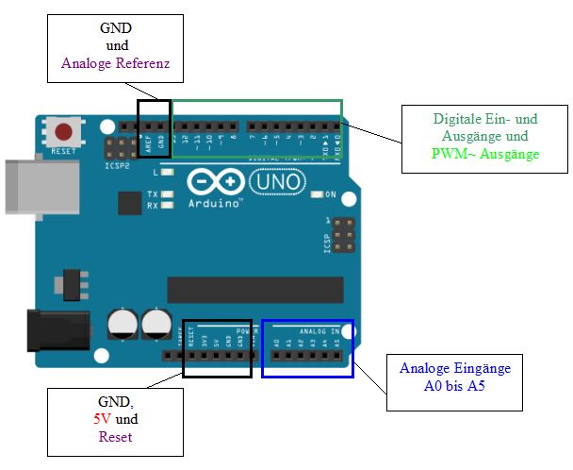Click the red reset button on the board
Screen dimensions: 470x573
click(x=64, y=132)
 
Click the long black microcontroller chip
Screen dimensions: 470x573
click(x=254, y=290)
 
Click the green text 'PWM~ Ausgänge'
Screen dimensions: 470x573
click(x=485, y=154)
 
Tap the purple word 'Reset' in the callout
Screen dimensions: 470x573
click(x=116, y=437)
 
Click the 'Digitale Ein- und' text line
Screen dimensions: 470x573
click(x=485, y=120)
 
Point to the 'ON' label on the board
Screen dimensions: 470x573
click(x=331, y=194)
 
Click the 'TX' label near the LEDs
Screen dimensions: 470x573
click(x=152, y=194)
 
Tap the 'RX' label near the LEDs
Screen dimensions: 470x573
click(x=152, y=205)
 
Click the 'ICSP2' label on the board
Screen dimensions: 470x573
click(x=118, y=165)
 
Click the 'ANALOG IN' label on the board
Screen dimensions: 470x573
click(x=319, y=331)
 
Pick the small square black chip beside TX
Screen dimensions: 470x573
click(x=130, y=203)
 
